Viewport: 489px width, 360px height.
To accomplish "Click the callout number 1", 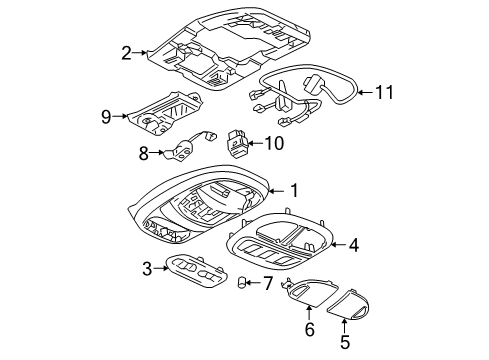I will tap(294, 188).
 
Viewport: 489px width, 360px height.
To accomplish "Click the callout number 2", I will tap(126, 53).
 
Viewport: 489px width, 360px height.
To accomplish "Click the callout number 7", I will tap(266, 284).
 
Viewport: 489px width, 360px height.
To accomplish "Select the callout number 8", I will tap(144, 153).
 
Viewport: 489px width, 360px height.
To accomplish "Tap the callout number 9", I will tap(106, 116).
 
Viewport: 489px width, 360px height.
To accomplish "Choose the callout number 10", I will tap(274, 143).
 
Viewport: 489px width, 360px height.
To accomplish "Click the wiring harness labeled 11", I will tap(300, 90).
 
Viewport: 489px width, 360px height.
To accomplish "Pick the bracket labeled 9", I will tap(160, 113).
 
